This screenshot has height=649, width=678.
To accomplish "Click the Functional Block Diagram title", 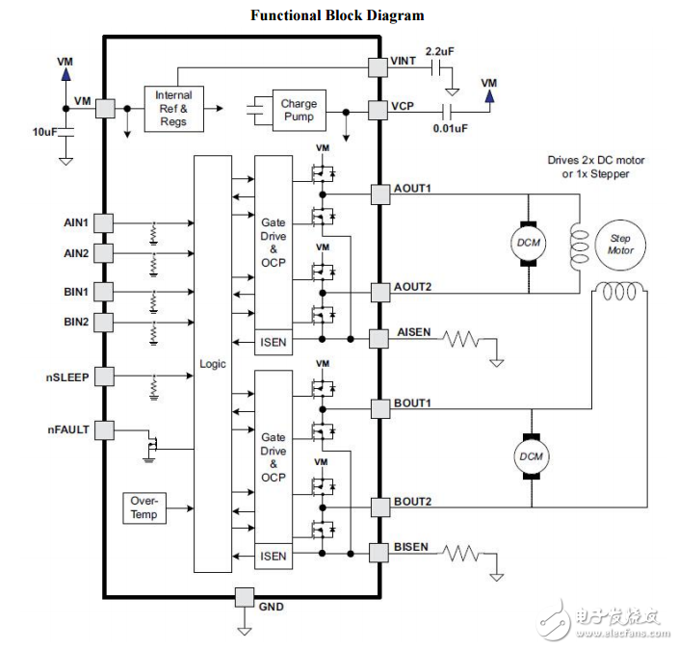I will click(337, 15).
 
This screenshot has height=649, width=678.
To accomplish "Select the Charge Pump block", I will click(299, 111).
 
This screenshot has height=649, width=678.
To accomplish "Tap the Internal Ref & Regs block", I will click(173, 109).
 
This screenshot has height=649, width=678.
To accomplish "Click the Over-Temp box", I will click(145, 507).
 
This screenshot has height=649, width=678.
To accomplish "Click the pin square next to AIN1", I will click(103, 223).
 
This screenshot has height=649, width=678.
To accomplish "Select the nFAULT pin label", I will click(67, 429).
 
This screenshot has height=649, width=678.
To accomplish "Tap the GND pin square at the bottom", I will click(245, 597).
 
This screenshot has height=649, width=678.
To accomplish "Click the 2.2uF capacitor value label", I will click(440, 50).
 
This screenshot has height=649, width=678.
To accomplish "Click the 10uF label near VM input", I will click(45, 131).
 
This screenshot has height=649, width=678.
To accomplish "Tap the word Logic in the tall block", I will click(213, 364).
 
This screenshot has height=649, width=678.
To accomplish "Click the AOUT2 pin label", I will click(412, 287).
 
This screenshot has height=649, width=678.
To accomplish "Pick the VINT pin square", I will click(378, 65).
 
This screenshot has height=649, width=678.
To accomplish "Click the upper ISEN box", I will click(274, 341).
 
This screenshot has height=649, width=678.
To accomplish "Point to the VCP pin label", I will click(404, 106).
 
